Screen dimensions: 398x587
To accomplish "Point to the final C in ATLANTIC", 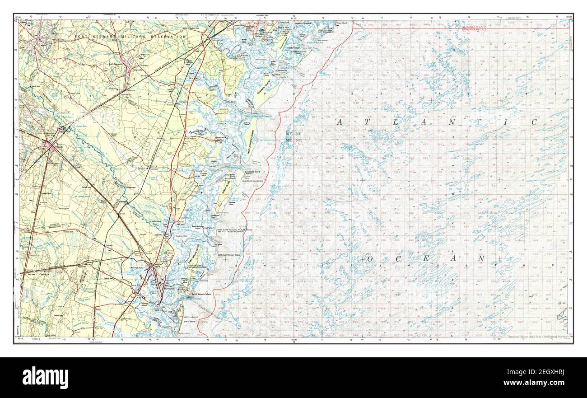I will (x=534, y=122).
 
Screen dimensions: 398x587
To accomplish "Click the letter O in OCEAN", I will (x=370, y=259).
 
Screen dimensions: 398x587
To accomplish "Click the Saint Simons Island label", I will (x=201, y=294).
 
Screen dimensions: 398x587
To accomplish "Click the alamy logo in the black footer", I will (x=45, y=377).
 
